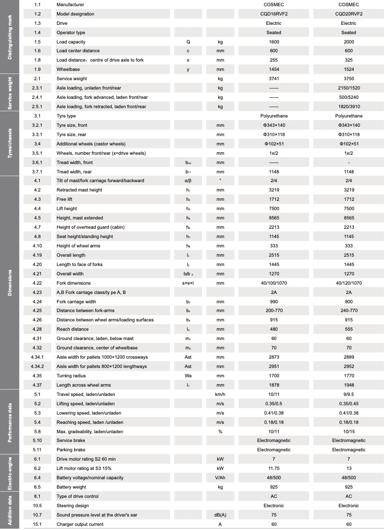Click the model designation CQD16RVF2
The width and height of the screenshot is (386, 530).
[274, 14]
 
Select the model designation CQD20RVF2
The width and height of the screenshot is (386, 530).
[349, 14]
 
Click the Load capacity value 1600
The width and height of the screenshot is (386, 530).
[274, 41]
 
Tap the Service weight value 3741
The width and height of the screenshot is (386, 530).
[274, 79]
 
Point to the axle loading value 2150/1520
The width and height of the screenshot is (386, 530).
[349, 88]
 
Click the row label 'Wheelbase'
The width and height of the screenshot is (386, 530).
[68, 69]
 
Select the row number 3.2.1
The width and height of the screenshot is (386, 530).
[37, 125]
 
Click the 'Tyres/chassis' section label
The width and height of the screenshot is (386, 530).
[10, 143]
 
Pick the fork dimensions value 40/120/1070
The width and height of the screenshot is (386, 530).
[349, 283]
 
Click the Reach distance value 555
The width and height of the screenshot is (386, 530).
[349, 329]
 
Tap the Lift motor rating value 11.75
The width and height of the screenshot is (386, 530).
[274, 468]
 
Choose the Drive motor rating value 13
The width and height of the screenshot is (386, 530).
[349, 459]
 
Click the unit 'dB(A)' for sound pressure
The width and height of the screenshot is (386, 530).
[220, 514]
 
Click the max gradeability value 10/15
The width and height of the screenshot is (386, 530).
[349, 431]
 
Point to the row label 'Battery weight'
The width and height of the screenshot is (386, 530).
[72, 487]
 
